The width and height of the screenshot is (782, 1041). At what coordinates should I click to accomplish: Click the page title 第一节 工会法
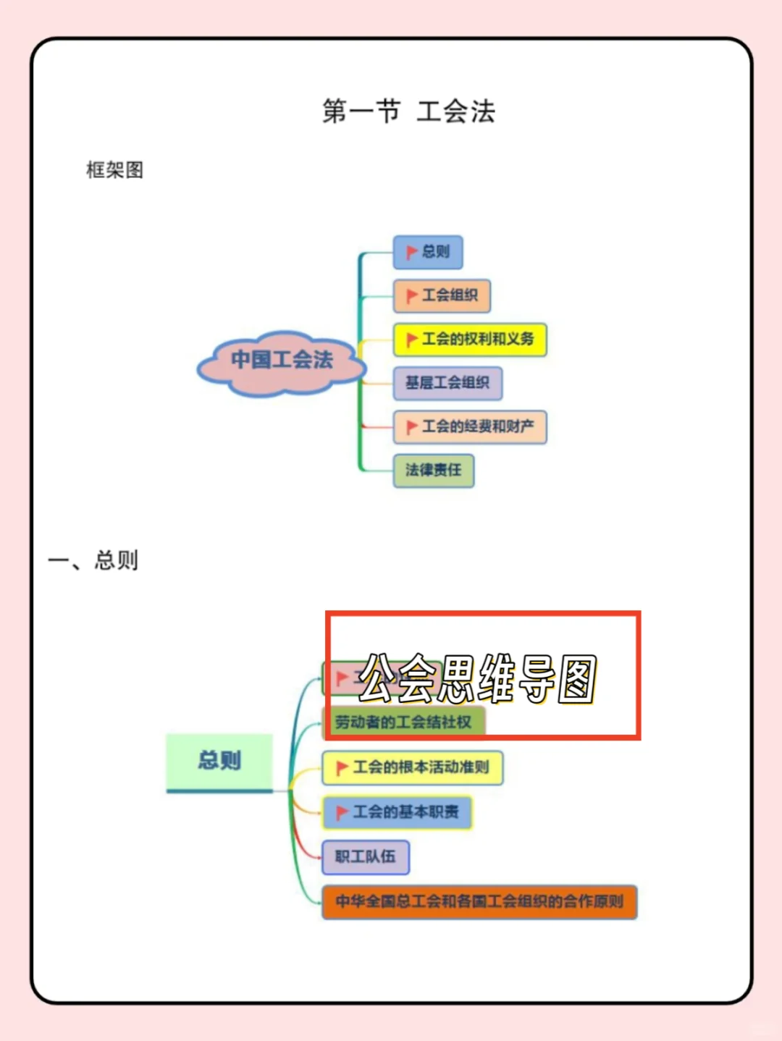408,111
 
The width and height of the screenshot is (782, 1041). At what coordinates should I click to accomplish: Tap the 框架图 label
114,170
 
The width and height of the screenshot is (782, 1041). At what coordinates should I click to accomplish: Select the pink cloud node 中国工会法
282,361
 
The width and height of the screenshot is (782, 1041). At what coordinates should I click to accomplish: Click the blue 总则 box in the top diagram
428,252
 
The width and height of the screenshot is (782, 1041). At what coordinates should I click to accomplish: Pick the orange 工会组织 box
442,295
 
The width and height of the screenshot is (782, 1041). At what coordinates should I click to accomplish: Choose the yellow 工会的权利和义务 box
470,340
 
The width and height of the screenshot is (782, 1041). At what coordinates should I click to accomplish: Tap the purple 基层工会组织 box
447,383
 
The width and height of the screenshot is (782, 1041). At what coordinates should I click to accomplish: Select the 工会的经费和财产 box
470,427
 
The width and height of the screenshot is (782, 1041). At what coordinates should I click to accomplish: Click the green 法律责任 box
434,471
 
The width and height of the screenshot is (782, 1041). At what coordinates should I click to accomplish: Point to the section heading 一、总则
93,560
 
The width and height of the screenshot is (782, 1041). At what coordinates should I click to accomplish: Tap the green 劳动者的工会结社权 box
403,722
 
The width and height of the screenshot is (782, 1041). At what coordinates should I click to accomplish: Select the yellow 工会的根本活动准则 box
412,767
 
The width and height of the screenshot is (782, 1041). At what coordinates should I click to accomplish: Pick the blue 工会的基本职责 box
398,812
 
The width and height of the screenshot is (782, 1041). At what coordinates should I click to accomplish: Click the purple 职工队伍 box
366,857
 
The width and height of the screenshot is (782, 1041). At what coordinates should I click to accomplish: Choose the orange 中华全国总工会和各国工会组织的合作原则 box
479,902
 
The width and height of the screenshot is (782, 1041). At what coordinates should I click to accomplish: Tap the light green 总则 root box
219,761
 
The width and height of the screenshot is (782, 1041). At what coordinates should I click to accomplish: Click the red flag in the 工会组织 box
411,295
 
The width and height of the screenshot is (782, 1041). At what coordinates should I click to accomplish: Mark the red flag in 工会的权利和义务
411,340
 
